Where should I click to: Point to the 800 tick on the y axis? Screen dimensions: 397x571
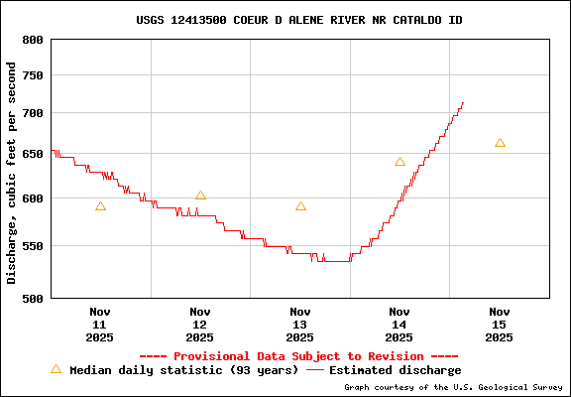(x=33, y=40)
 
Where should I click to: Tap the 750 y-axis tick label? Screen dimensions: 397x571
(x=33, y=76)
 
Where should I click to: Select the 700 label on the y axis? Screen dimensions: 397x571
(x=33, y=113)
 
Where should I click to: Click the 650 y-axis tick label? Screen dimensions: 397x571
(x=33, y=154)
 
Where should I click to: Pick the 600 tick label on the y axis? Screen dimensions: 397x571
(x=33, y=198)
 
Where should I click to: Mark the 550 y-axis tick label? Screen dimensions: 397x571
(x=33, y=245)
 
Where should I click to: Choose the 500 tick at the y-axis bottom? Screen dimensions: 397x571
(x=33, y=298)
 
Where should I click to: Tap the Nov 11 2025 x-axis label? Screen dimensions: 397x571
(x=99, y=325)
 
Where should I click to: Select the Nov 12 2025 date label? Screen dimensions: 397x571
(x=199, y=325)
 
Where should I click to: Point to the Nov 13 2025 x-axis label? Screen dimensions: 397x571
(x=299, y=325)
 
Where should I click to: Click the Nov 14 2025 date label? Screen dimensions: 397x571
(x=400, y=325)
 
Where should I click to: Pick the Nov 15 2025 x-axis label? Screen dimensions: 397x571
(x=500, y=325)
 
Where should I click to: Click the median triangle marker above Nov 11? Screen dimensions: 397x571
(x=100, y=206)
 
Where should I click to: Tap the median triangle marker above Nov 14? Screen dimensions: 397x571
(x=400, y=162)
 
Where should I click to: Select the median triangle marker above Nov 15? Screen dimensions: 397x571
(x=500, y=143)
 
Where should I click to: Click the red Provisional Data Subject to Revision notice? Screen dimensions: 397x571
(x=298, y=356)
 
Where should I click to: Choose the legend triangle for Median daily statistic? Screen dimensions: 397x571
(x=56, y=369)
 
